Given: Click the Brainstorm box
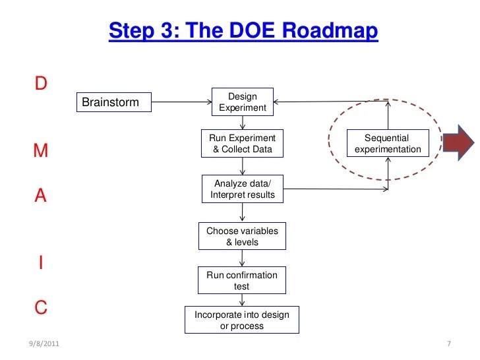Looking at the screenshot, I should point(113,102).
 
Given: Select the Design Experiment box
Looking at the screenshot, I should point(243,102).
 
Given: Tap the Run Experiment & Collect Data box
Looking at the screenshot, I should point(242,144).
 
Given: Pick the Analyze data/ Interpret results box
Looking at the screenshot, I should point(242,189).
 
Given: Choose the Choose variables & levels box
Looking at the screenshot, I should point(242,236).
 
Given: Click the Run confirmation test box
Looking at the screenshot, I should point(242,280).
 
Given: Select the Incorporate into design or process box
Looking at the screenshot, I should point(242,320).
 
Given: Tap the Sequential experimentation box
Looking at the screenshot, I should point(388,144).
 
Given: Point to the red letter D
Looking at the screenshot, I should point(40,83).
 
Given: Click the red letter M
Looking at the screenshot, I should point(40,151).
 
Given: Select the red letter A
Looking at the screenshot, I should point(40,196).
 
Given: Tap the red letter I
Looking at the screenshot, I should point(41,262).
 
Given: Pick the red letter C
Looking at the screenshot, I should point(40,307).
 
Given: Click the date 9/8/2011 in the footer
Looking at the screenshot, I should point(44,344).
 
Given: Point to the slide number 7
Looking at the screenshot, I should point(448,344).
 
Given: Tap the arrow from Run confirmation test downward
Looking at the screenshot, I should point(243,299).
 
